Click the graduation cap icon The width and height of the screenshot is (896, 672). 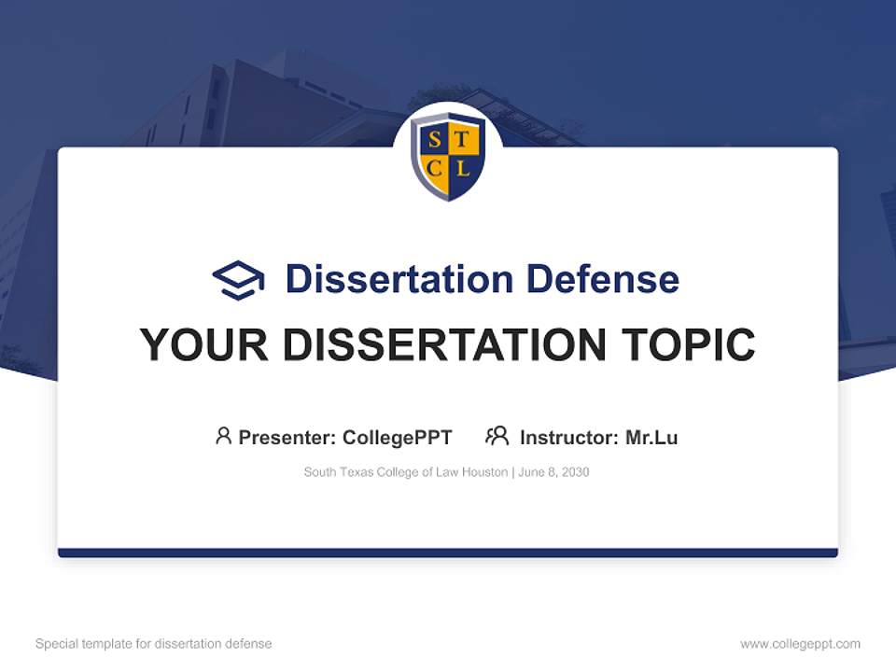click(238, 279)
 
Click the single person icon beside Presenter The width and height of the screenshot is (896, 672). click(223, 436)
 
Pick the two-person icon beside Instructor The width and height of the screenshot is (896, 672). click(497, 436)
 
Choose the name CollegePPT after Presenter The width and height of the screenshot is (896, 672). click(398, 437)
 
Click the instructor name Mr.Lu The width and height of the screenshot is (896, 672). click(651, 437)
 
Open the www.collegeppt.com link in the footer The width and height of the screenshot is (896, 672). click(800, 644)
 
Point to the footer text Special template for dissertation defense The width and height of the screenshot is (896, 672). click(153, 644)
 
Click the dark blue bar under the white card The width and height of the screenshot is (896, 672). click(448, 553)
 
